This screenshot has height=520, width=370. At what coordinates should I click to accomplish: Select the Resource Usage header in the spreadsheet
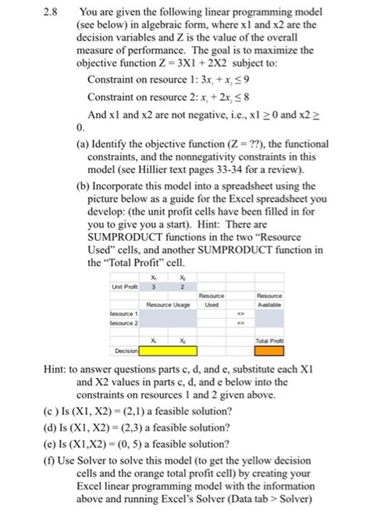(171, 305)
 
